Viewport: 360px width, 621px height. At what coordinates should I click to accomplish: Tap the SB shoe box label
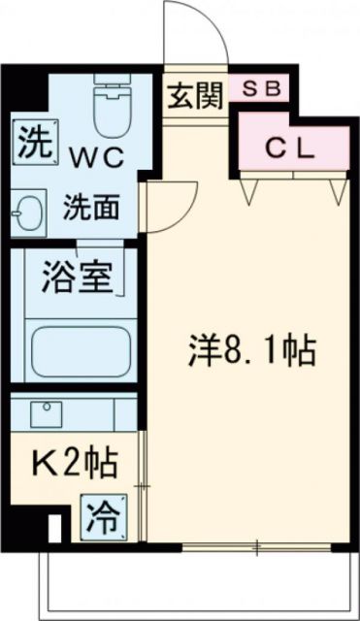click(258, 87)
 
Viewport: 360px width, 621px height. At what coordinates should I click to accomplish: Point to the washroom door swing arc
click(165, 206)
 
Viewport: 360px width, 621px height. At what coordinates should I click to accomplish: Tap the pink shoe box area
click(258, 87)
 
